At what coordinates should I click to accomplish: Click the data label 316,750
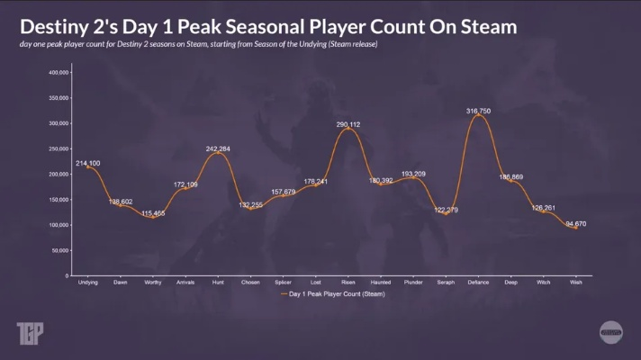tap(478, 111)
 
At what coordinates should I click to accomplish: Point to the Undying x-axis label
tap(87, 282)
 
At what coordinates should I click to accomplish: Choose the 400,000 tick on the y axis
tap(59, 72)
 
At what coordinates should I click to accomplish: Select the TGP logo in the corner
tap(29, 334)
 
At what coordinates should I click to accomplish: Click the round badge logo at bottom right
tap(611, 331)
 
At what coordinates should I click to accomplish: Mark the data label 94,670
tap(574, 223)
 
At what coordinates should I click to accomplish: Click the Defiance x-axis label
tap(478, 282)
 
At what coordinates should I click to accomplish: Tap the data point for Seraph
tap(445, 213)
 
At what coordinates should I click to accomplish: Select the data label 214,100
tap(88, 163)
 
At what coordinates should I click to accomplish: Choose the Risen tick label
tap(348, 282)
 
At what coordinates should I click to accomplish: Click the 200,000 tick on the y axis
tap(59, 174)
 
